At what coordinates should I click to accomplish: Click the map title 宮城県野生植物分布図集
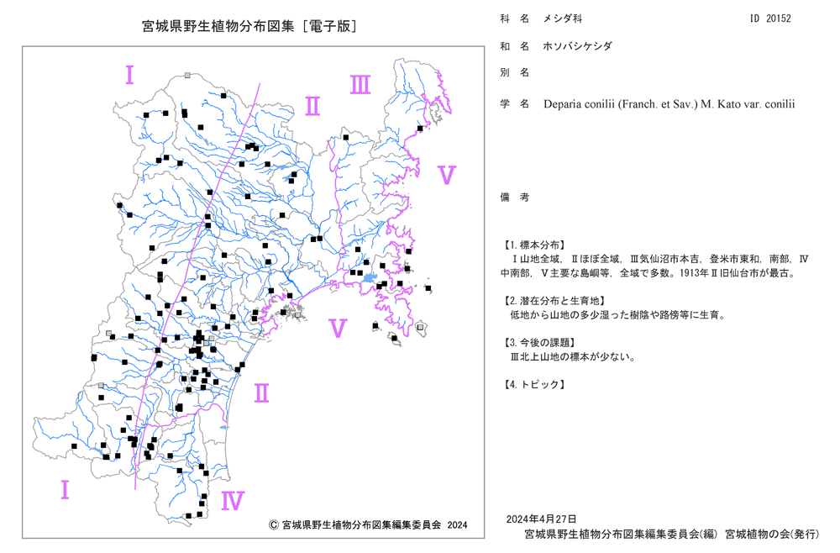[218, 26]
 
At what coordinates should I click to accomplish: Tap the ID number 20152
[778, 18]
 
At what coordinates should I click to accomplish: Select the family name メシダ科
[563, 18]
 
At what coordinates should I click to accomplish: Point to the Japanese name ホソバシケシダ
[578, 46]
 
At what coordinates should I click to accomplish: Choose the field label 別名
[514, 72]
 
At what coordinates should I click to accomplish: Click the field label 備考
[514, 197]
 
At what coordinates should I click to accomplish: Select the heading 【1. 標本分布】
[533, 245]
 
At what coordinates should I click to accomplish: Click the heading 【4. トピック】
[533, 384]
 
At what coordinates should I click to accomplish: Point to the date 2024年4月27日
[541, 519]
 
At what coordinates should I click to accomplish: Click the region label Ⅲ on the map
[360, 85]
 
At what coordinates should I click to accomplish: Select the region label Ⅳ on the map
[233, 501]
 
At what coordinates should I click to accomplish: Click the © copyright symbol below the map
[273, 524]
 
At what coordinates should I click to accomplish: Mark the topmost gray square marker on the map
[187, 76]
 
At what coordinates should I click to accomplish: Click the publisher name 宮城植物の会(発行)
[772, 535]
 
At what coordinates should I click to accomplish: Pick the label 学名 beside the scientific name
[514, 104]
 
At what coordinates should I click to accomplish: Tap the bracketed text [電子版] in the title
[329, 26]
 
